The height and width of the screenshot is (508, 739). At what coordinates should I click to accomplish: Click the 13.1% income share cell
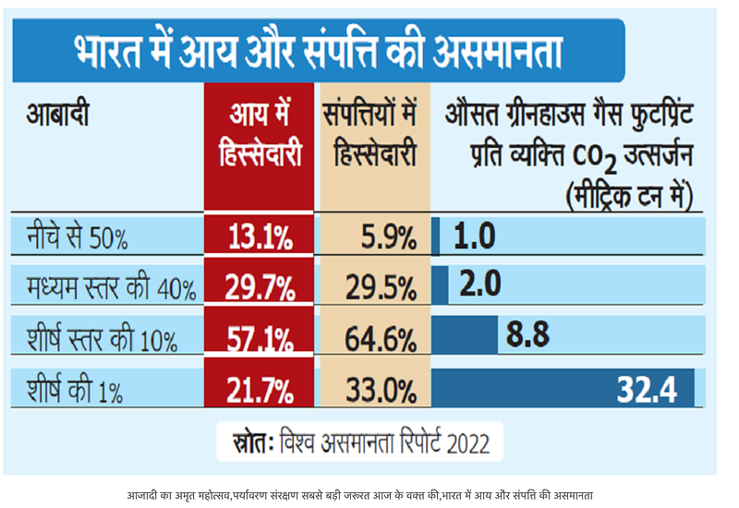coord(260,238)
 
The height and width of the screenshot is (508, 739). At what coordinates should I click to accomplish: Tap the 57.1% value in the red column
coord(260,337)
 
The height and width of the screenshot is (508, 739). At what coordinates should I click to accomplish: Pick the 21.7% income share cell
coord(260,387)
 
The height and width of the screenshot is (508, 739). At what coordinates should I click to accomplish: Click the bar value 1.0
coord(475,236)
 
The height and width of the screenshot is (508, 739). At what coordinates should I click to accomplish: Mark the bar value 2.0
coord(480,284)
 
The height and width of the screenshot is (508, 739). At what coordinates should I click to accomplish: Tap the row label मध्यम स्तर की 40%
coord(111,288)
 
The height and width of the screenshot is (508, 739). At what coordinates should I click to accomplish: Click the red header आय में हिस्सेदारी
coord(260,137)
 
